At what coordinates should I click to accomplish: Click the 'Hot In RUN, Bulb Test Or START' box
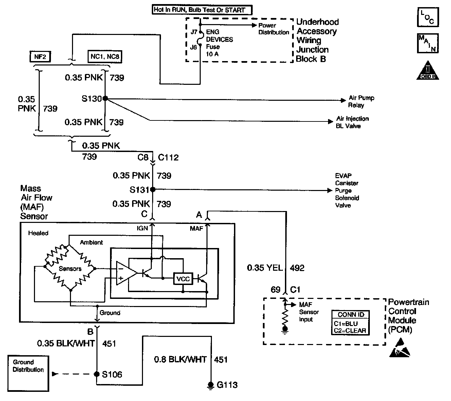click(x=202, y=10)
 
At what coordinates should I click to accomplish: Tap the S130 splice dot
click(x=105, y=98)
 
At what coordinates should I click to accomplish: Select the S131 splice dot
click(x=153, y=189)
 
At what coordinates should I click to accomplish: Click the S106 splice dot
click(x=97, y=374)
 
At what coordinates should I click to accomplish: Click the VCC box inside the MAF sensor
click(x=183, y=279)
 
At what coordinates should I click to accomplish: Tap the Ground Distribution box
click(x=28, y=373)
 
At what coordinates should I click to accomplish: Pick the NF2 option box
click(x=40, y=57)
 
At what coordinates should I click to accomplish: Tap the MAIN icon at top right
click(x=428, y=43)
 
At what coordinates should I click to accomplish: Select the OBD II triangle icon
click(x=428, y=71)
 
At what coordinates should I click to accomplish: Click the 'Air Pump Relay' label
click(x=361, y=101)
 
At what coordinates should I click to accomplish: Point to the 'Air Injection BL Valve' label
click(x=352, y=122)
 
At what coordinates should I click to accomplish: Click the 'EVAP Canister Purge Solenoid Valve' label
click(x=347, y=191)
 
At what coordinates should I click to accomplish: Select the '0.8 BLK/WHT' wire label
click(x=180, y=359)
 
